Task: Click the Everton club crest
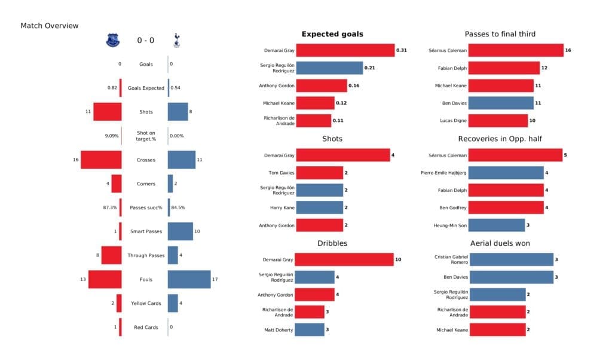[x=112, y=41]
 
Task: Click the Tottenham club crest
[x=176, y=41]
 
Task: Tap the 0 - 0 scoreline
[x=145, y=41]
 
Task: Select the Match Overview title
[x=50, y=26]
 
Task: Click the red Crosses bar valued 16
[x=101, y=160]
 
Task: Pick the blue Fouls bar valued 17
[x=189, y=279]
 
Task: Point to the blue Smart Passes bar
[x=180, y=231]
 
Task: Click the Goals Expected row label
[x=145, y=88]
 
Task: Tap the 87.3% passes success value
[x=111, y=208]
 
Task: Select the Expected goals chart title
[x=332, y=34]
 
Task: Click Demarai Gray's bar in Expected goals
[x=345, y=50]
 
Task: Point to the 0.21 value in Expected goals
[x=371, y=68]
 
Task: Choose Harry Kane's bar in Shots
[x=319, y=208]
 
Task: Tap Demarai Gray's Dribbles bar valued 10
[x=344, y=260]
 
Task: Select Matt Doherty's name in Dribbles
[x=279, y=330]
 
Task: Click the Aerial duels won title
[x=500, y=243]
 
